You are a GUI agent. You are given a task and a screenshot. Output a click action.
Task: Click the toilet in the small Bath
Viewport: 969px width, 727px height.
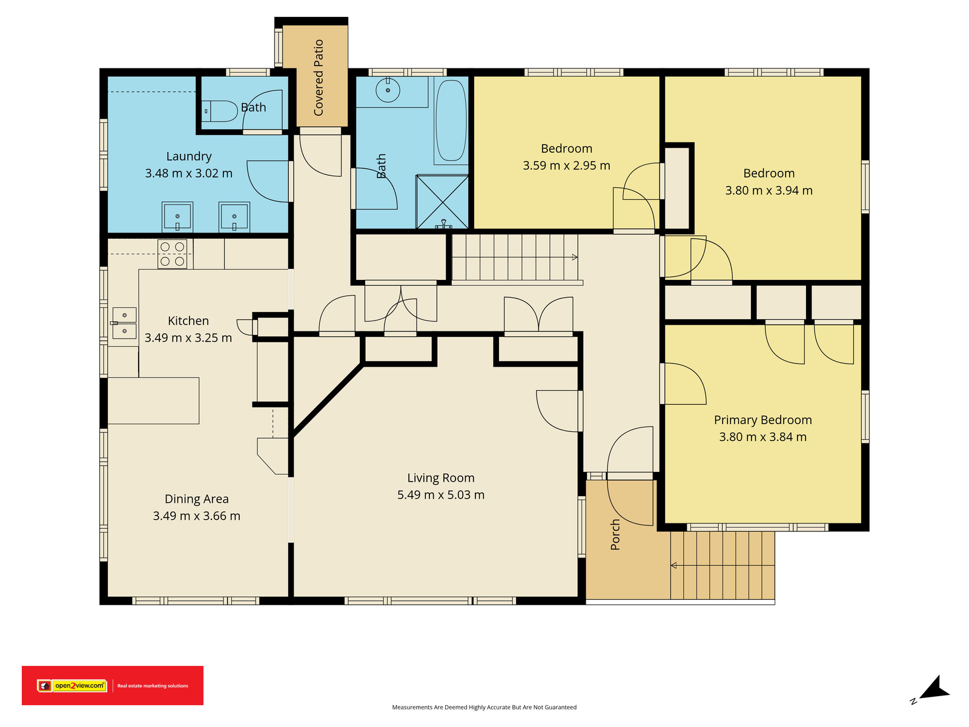point(219,111)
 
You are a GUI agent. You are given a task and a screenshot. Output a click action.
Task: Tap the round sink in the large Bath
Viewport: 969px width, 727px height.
point(388,90)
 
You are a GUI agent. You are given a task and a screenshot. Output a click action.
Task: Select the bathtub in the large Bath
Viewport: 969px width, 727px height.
point(451,120)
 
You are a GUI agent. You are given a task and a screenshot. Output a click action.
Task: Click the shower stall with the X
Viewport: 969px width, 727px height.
point(442,202)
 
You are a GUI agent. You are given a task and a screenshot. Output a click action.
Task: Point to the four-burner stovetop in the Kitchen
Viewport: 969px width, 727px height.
point(172,254)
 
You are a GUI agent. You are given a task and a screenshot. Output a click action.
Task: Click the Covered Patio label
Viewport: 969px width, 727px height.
point(319,78)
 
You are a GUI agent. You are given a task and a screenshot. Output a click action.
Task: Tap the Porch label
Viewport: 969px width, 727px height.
point(615,534)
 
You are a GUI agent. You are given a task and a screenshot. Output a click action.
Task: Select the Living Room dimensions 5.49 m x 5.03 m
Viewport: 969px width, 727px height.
point(440,495)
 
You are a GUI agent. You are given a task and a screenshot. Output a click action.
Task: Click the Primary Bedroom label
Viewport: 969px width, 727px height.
point(762,420)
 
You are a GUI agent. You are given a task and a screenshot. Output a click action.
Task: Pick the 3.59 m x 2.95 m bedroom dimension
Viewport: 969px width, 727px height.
point(566,165)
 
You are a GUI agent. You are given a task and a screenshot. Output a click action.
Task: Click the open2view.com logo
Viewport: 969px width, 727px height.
point(72,686)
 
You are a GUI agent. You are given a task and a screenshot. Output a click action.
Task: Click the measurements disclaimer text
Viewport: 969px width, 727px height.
point(484,707)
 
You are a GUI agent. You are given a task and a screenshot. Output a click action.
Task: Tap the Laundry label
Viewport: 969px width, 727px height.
point(189,156)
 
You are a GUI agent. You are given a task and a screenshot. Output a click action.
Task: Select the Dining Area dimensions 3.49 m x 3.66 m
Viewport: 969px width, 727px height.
point(196,516)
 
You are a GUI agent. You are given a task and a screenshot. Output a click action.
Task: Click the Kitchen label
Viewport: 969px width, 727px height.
point(188,321)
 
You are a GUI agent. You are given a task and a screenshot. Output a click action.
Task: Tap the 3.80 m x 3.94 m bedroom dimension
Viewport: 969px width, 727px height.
point(769,191)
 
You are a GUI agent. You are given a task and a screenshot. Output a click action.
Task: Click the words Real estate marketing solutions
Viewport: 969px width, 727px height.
point(153,686)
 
